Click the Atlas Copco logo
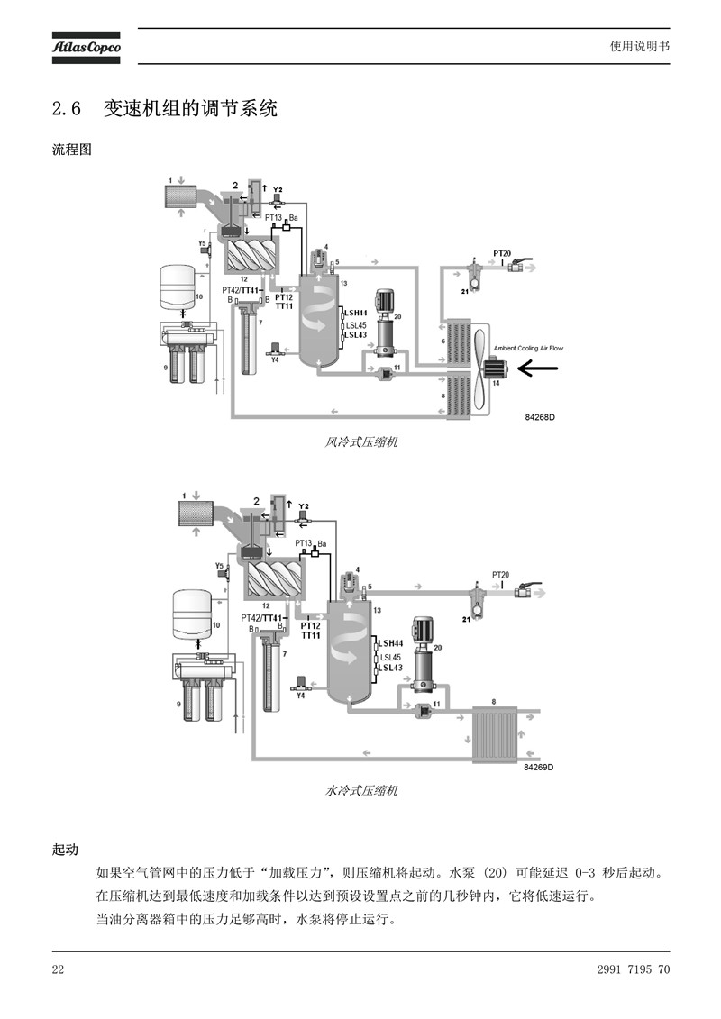click(87, 48)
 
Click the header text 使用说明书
click(639, 46)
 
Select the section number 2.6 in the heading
click(67, 108)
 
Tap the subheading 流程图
click(71, 150)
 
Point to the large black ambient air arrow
click(538, 368)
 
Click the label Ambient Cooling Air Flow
click(528, 349)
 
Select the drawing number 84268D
click(540, 417)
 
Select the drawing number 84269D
click(538, 768)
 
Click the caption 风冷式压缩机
click(360, 442)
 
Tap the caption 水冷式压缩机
click(360, 791)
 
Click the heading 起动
click(65, 850)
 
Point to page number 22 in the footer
click(58, 969)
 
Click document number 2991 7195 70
click(633, 969)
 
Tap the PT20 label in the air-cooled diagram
click(502, 253)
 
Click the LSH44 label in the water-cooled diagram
click(391, 643)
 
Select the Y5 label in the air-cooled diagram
click(202, 243)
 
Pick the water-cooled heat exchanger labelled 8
click(495, 733)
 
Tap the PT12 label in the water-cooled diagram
click(311, 626)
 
